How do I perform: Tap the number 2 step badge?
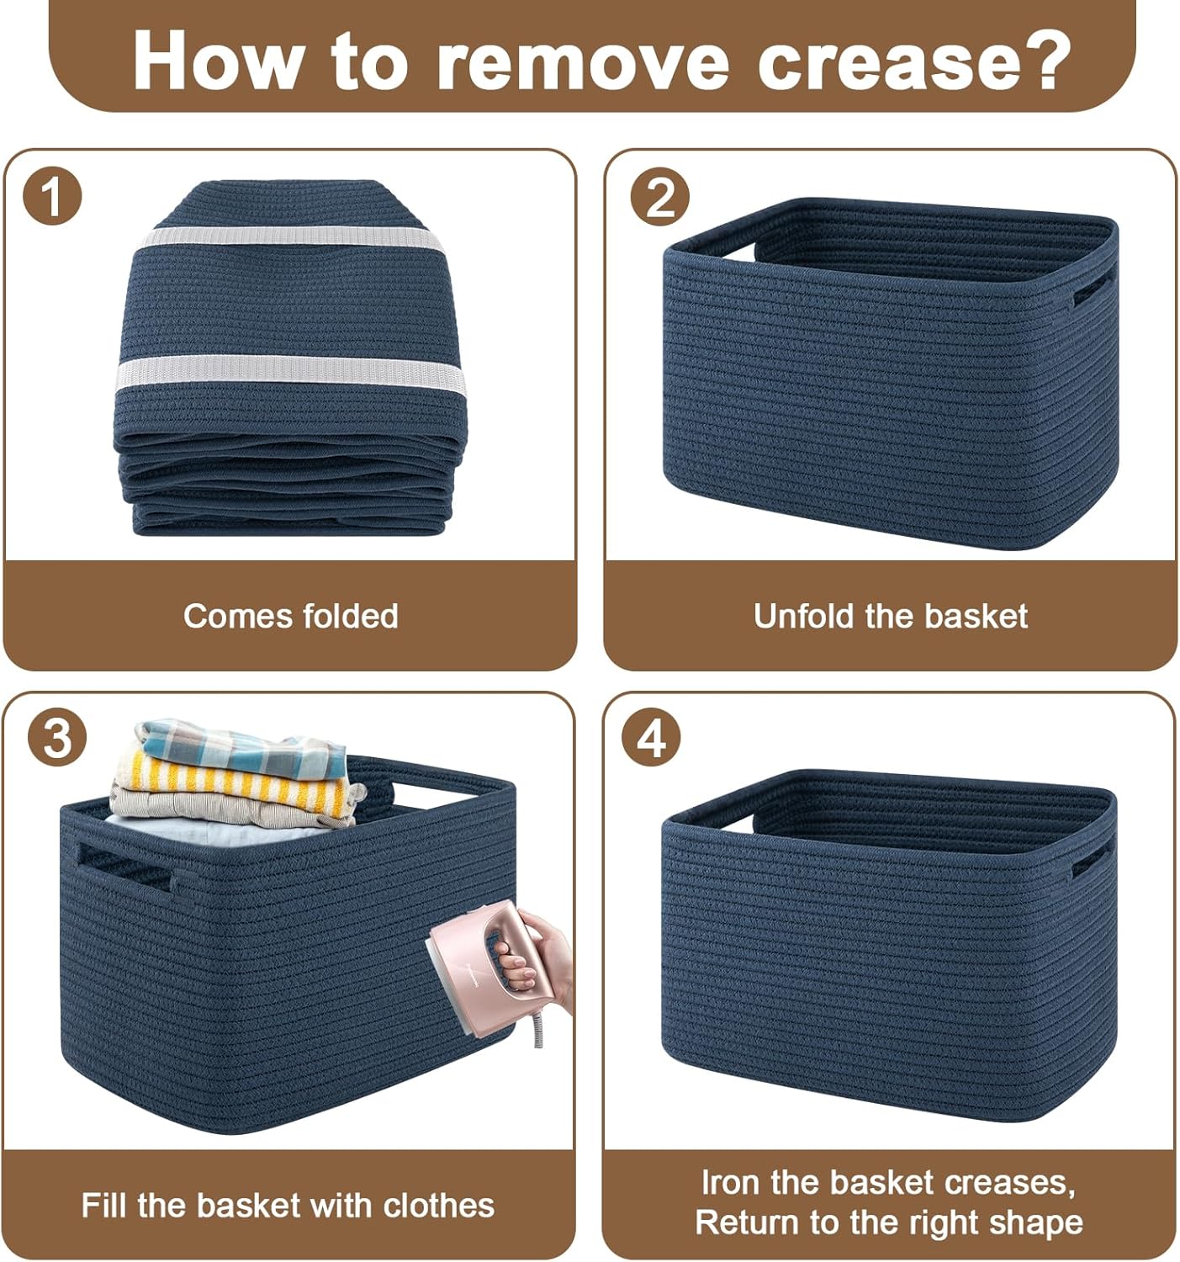659,196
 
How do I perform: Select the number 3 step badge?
57,737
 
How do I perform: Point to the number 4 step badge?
651,737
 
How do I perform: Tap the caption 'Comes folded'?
291,616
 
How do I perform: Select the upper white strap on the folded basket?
291,239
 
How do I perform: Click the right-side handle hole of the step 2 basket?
1093,286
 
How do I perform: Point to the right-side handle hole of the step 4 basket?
1092,857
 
